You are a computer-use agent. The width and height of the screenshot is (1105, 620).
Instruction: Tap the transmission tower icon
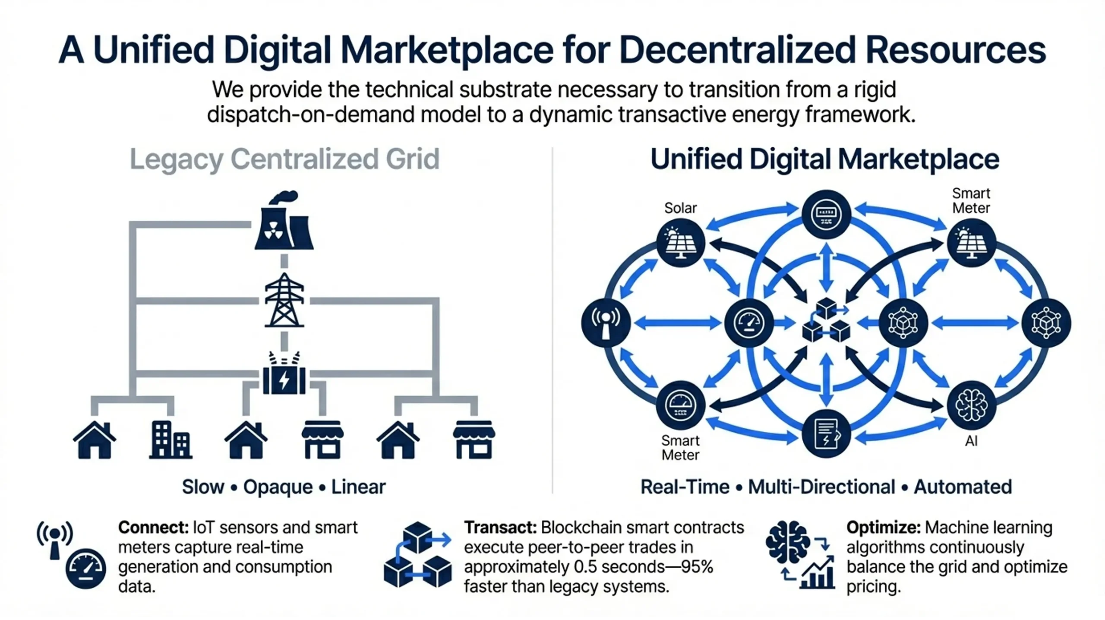point(284,301)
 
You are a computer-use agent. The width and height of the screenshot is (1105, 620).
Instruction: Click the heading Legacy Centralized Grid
point(284,159)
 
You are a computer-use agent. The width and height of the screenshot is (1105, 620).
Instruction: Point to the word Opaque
point(278,487)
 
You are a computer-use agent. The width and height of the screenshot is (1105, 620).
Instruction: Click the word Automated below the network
point(963,487)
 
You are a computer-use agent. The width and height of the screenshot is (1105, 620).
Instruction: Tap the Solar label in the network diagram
point(680,208)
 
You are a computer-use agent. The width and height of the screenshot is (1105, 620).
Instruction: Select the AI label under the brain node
point(971,441)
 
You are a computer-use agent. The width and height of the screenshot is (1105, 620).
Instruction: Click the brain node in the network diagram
point(971,405)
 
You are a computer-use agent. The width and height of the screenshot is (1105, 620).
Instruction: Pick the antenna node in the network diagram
point(606,323)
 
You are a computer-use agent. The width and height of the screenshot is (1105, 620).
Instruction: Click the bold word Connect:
point(153,528)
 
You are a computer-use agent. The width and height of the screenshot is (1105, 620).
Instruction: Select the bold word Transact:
point(500,528)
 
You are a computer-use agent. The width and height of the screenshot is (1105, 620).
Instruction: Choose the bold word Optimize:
point(883,528)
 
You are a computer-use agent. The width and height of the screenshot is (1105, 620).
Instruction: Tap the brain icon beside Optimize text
point(787,542)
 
